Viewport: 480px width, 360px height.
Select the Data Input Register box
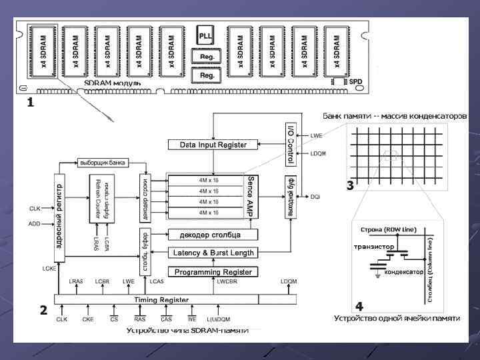tap(213, 145)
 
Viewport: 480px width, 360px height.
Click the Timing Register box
tap(162, 300)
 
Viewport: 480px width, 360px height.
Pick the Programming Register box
tap(213, 272)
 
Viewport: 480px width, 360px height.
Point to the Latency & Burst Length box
tap(213, 253)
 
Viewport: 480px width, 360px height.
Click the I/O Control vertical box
tap(290, 144)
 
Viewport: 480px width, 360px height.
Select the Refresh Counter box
tap(103, 198)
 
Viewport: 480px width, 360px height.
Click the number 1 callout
tap(29, 105)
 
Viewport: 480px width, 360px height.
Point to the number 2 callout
tap(43, 310)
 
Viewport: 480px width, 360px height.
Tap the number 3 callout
tap(349, 187)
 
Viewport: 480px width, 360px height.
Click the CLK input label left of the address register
tap(35, 209)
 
